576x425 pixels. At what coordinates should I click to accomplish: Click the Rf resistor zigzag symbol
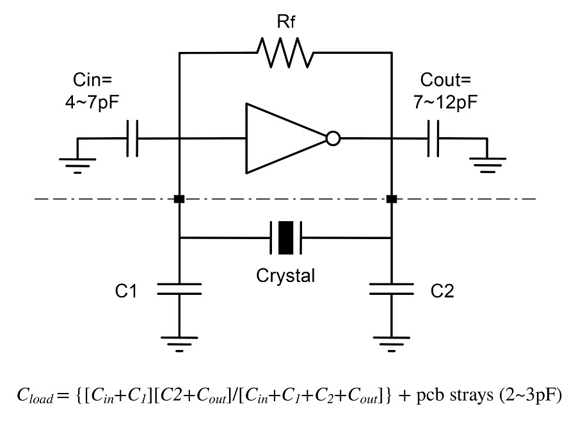pos(285,53)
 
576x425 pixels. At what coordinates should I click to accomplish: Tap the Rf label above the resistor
pos(285,21)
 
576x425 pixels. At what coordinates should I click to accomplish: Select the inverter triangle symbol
pos(287,138)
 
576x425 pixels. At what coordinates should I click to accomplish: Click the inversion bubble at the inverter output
pos(333,138)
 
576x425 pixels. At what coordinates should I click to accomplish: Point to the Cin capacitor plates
pos(132,138)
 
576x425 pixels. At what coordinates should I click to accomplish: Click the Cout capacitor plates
pos(433,138)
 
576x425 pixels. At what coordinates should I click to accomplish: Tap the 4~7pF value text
pos(92,102)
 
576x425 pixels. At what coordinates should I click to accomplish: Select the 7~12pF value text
pos(445,102)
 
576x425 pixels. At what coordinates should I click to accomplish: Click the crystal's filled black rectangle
pos(286,238)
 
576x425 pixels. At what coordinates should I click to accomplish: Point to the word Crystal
pos(285,276)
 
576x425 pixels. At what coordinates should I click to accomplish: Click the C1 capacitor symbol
pos(179,289)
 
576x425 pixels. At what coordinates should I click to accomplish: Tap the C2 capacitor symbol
pos(392,289)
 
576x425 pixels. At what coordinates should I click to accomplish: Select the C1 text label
pos(126,291)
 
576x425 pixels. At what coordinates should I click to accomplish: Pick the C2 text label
pos(442,291)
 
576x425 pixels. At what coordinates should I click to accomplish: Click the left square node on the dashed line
pos(179,199)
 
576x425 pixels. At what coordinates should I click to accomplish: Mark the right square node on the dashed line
pos(392,199)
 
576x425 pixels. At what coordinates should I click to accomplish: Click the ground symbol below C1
pos(179,344)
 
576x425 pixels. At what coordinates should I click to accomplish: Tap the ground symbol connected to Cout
pos(488,165)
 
